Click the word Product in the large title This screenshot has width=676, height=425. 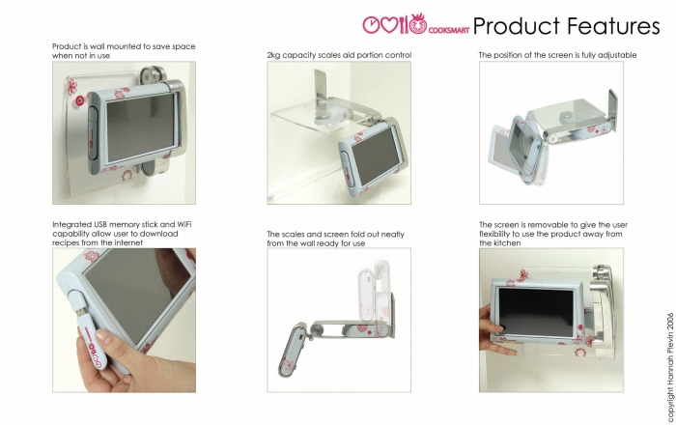click(x=516, y=26)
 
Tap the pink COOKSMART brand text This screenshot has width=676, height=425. click(x=449, y=30)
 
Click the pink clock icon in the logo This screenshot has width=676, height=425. click(x=370, y=25)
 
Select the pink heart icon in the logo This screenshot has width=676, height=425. click(x=389, y=25)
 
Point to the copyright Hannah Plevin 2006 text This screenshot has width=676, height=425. click(x=670, y=367)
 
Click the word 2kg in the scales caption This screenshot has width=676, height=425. click(x=273, y=56)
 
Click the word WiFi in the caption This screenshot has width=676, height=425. click(x=184, y=224)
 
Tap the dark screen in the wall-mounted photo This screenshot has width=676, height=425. click(x=141, y=127)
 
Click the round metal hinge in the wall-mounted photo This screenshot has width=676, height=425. click(x=149, y=76)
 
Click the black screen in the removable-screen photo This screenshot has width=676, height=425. click(x=537, y=312)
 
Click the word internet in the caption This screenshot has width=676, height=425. click(x=128, y=242)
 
